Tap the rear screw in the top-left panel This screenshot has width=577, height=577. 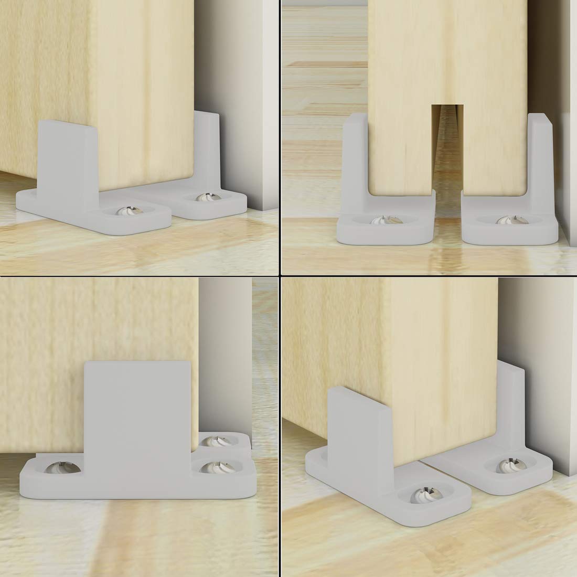click(203, 198)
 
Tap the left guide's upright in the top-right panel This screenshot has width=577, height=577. click(355, 157)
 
